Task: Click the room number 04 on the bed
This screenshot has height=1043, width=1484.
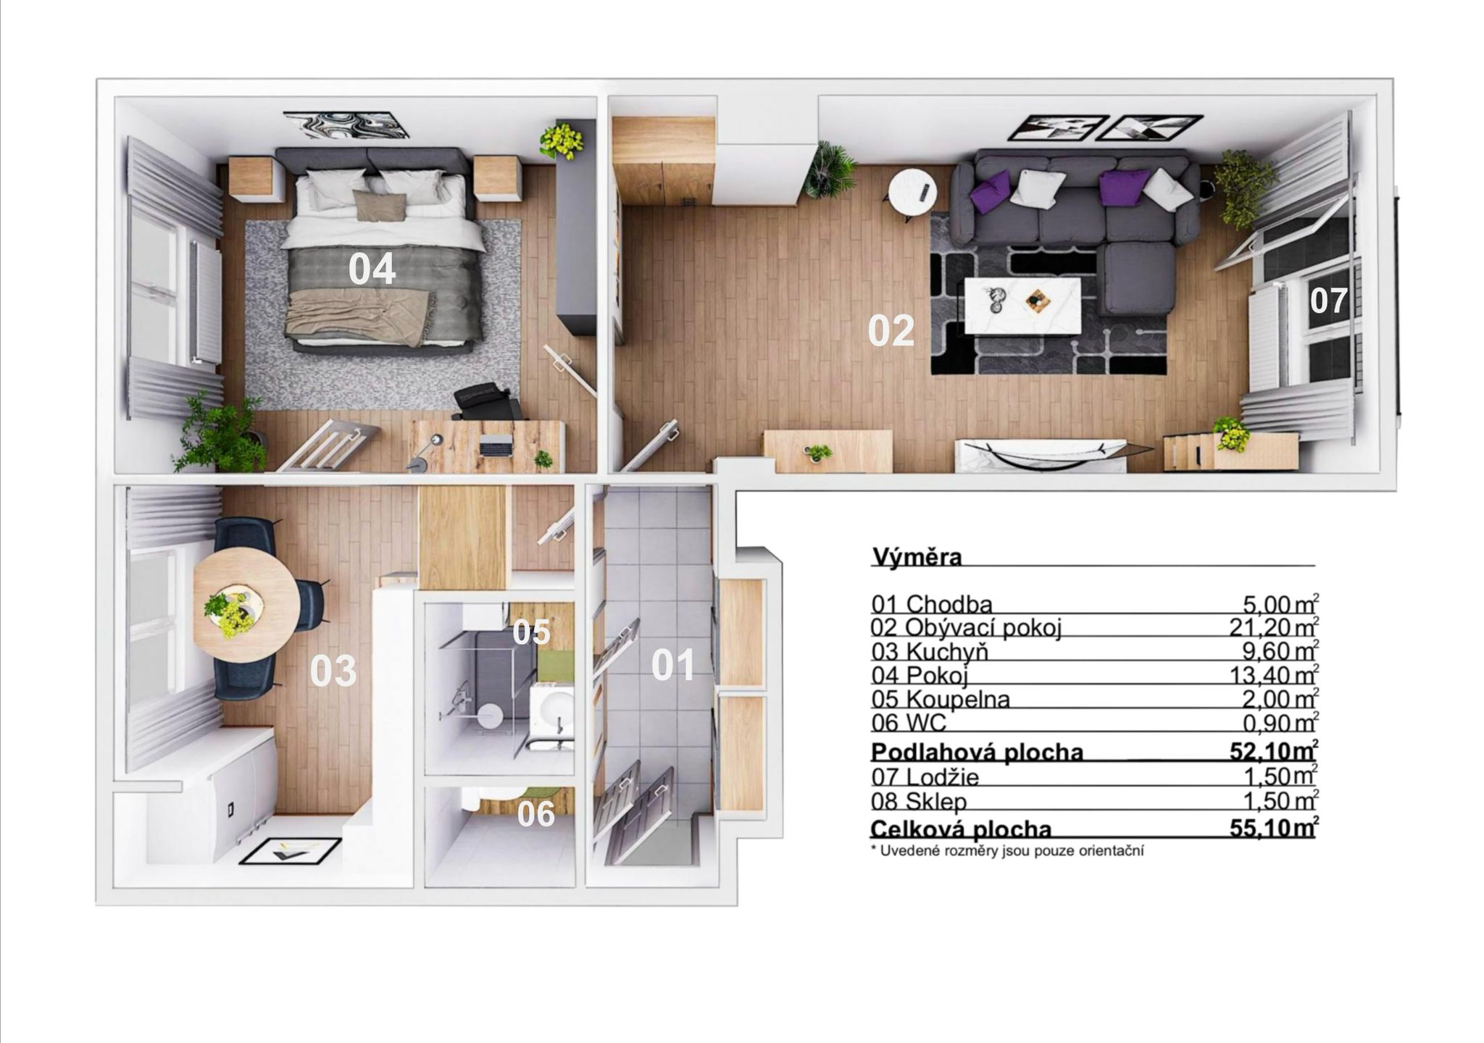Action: coord(372,269)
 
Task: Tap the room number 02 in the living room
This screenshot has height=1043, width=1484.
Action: coord(891,331)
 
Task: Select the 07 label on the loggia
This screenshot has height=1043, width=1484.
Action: coord(1328,301)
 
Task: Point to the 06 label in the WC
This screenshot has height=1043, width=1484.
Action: coord(536,814)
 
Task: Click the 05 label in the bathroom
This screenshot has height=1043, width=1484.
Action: coord(532,632)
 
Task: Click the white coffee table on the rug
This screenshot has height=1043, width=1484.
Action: coord(1022,305)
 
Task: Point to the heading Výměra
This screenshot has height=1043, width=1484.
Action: coord(917,557)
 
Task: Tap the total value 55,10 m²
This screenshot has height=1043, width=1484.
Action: coord(1273,828)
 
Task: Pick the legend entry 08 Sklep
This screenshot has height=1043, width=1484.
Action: coord(919,801)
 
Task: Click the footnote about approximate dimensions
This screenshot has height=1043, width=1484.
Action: coord(1007,851)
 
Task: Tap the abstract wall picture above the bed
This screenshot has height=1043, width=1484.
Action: coord(346,124)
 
